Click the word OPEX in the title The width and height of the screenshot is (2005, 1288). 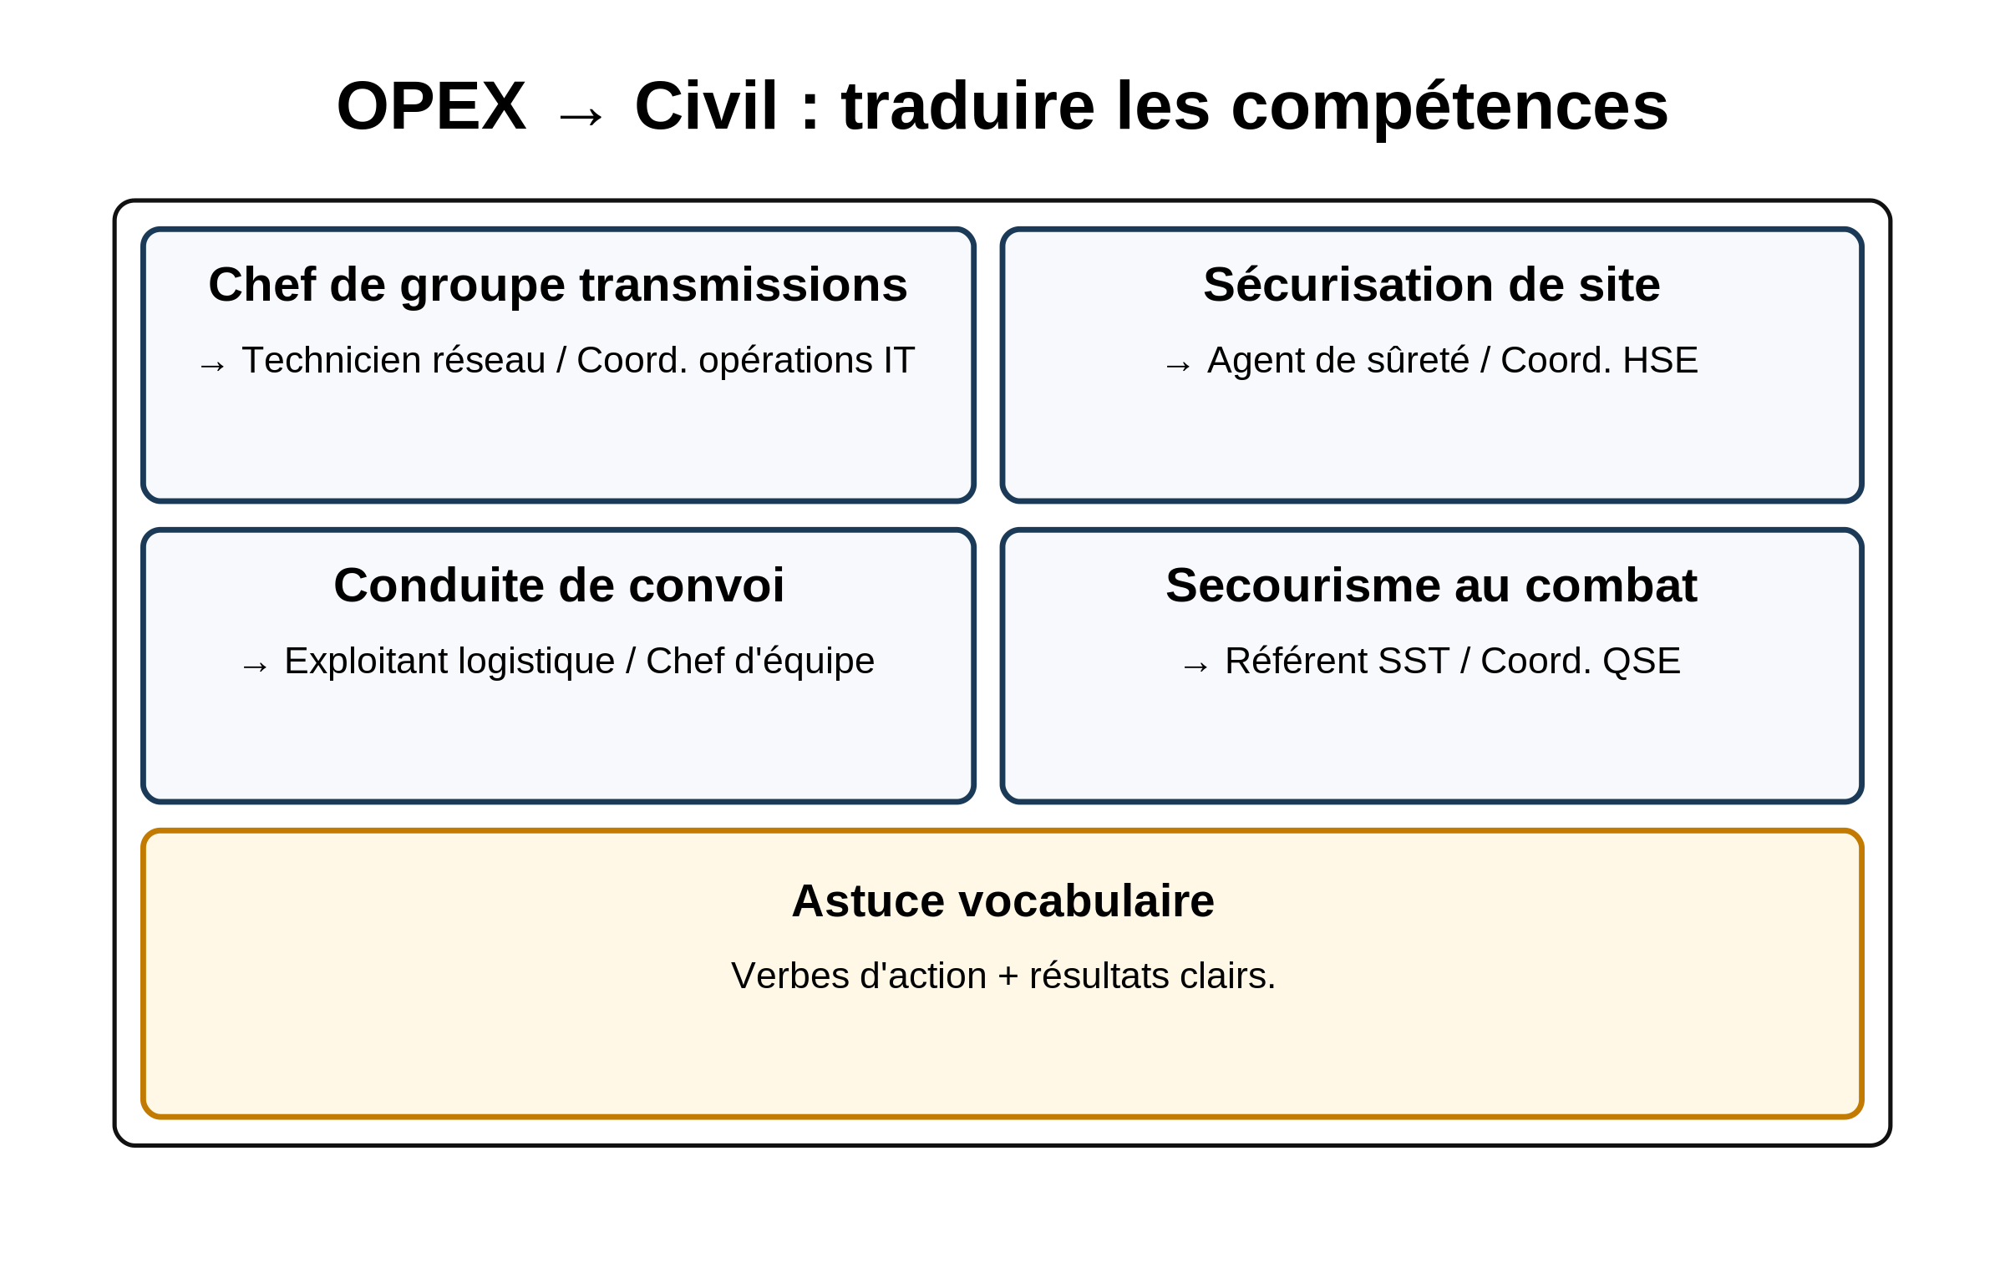pyautogui.click(x=431, y=106)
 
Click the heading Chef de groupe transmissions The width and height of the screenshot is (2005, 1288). pyautogui.click(x=558, y=284)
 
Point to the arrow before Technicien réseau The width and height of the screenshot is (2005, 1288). pyautogui.click(x=212, y=367)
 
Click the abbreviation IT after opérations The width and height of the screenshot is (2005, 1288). pyautogui.click(x=899, y=361)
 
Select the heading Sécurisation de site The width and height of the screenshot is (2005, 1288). pyautogui.click(x=1432, y=284)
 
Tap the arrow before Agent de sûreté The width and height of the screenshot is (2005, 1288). pyautogui.click(x=1178, y=367)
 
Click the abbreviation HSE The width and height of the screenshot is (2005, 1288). pyautogui.click(x=1660, y=361)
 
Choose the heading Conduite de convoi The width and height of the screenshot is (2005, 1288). pyautogui.click(x=559, y=585)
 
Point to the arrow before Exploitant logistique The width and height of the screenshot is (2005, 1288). pyautogui.click(x=254, y=667)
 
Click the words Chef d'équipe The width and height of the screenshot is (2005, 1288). pyautogui.click(x=760, y=662)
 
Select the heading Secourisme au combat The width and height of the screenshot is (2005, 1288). pyautogui.click(x=1431, y=585)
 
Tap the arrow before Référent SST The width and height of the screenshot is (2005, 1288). pyautogui.click(x=1195, y=667)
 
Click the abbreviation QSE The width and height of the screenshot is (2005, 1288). pyautogui.click(x=1641, y=662)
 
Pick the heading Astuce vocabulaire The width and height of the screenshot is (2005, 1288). pyautogui.click(x=1003, y=900)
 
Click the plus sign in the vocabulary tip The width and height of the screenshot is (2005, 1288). pyautogui.click(x=1008, y=977)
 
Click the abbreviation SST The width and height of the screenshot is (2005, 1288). pyautogui.click(x=1414, y=662)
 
